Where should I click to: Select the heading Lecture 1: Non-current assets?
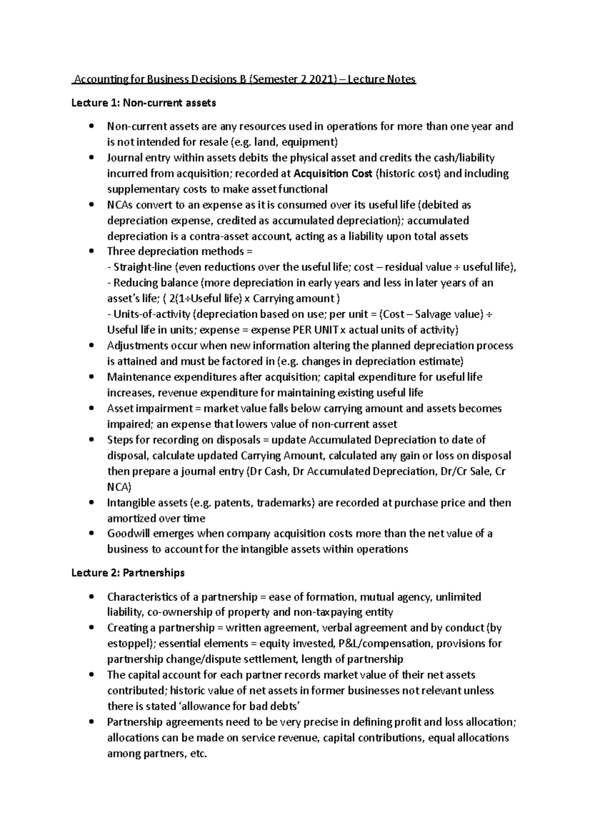(x=144, y=103)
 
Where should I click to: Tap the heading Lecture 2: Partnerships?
(x=128, y=573)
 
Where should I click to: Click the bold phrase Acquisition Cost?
(x=332, y=174)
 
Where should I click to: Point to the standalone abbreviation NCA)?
(x=119, y=487)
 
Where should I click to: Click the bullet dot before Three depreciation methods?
(x=91, y=252)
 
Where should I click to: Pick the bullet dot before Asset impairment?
(x=91, y=409)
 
